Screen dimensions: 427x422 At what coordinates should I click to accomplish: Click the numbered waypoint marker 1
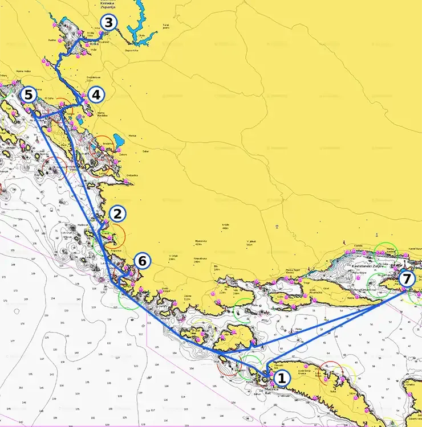(x=281, y=377)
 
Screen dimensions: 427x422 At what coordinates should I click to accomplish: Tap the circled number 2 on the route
(x=117, y=214)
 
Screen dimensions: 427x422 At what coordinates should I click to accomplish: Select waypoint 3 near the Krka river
(x=108, y=23)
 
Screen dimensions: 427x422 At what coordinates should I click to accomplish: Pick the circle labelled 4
(x=96, y=95)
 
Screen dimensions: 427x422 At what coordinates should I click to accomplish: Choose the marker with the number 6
(x=143, y=261)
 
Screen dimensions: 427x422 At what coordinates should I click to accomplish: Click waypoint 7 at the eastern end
(x=405, y=279)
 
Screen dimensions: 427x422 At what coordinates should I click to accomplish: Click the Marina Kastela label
(x=390, y=249)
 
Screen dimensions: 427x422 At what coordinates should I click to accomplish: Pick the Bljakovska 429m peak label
(x=200, y=241)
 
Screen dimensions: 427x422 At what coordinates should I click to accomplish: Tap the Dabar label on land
(x=145, y=151)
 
